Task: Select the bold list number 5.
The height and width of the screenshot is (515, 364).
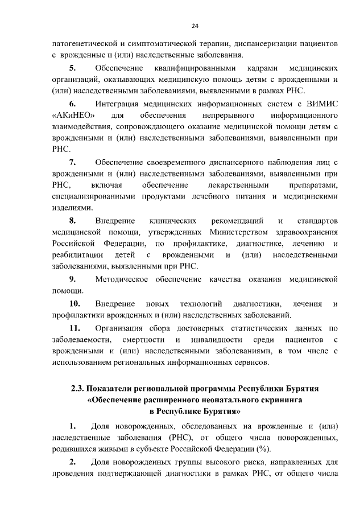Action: [73, 68]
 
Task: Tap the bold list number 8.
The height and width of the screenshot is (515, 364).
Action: [73, 220]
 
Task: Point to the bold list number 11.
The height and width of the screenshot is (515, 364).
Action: [75, 328]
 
